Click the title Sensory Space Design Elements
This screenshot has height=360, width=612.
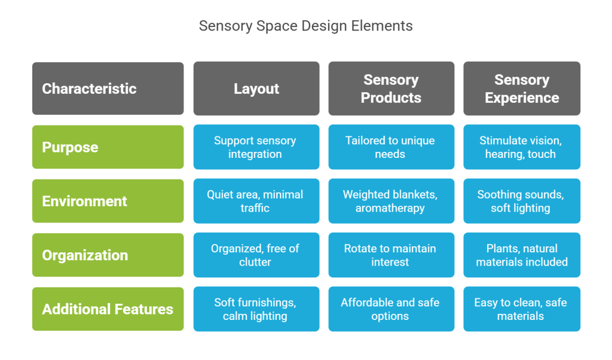[305, 26]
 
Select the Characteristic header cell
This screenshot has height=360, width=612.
[108, 89]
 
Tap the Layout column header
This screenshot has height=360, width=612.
[256, 89]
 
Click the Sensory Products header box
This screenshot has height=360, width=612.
[391, 89]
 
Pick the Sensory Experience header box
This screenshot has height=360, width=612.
[522, 89]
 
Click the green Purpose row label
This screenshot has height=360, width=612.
[108, 147]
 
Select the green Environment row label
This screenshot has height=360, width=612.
[108, 201]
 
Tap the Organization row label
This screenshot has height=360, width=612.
[108, 255]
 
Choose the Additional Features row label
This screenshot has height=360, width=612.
[108, 309]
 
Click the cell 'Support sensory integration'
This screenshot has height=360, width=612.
[256, 147]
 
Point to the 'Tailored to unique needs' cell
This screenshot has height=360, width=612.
[391, 147]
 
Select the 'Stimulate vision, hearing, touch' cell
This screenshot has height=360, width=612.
[522, 147]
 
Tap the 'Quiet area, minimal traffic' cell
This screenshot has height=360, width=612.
[256, 201]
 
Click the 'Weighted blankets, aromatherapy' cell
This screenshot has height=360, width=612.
[391, 201]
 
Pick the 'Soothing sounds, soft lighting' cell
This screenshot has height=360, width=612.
[522, 201]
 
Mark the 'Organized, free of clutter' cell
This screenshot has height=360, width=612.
[256, 255]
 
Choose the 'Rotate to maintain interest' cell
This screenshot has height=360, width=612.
[391, 255]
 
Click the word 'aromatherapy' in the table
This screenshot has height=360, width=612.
[390, 208]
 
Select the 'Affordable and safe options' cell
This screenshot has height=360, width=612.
[391, 309]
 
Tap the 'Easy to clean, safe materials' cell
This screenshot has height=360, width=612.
[522, 309]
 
